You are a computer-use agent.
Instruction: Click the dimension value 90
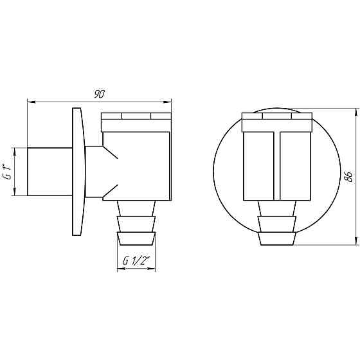99,94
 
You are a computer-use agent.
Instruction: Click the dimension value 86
349,177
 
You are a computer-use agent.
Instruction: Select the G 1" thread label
7,172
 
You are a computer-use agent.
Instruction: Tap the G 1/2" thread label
136,261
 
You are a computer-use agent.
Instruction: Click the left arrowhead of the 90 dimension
32,102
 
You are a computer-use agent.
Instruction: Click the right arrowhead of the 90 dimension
167,102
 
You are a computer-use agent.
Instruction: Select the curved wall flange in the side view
78,172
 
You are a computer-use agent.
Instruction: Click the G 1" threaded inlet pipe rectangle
50,172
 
